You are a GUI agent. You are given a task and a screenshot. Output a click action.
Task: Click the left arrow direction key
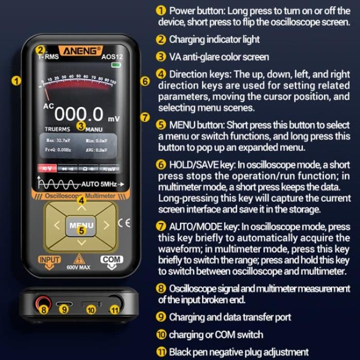click(x=57, y=225)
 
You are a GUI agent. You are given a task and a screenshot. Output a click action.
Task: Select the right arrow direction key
click(x=106, y=225)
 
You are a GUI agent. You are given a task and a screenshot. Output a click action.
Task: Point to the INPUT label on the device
click(x=49, y=260)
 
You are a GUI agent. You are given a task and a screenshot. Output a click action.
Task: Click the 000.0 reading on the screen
click(x=79, y=114)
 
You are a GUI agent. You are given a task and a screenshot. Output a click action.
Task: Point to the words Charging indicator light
click(x=215, y=39)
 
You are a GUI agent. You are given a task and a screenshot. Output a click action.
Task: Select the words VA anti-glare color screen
click(x=221, y=57)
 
